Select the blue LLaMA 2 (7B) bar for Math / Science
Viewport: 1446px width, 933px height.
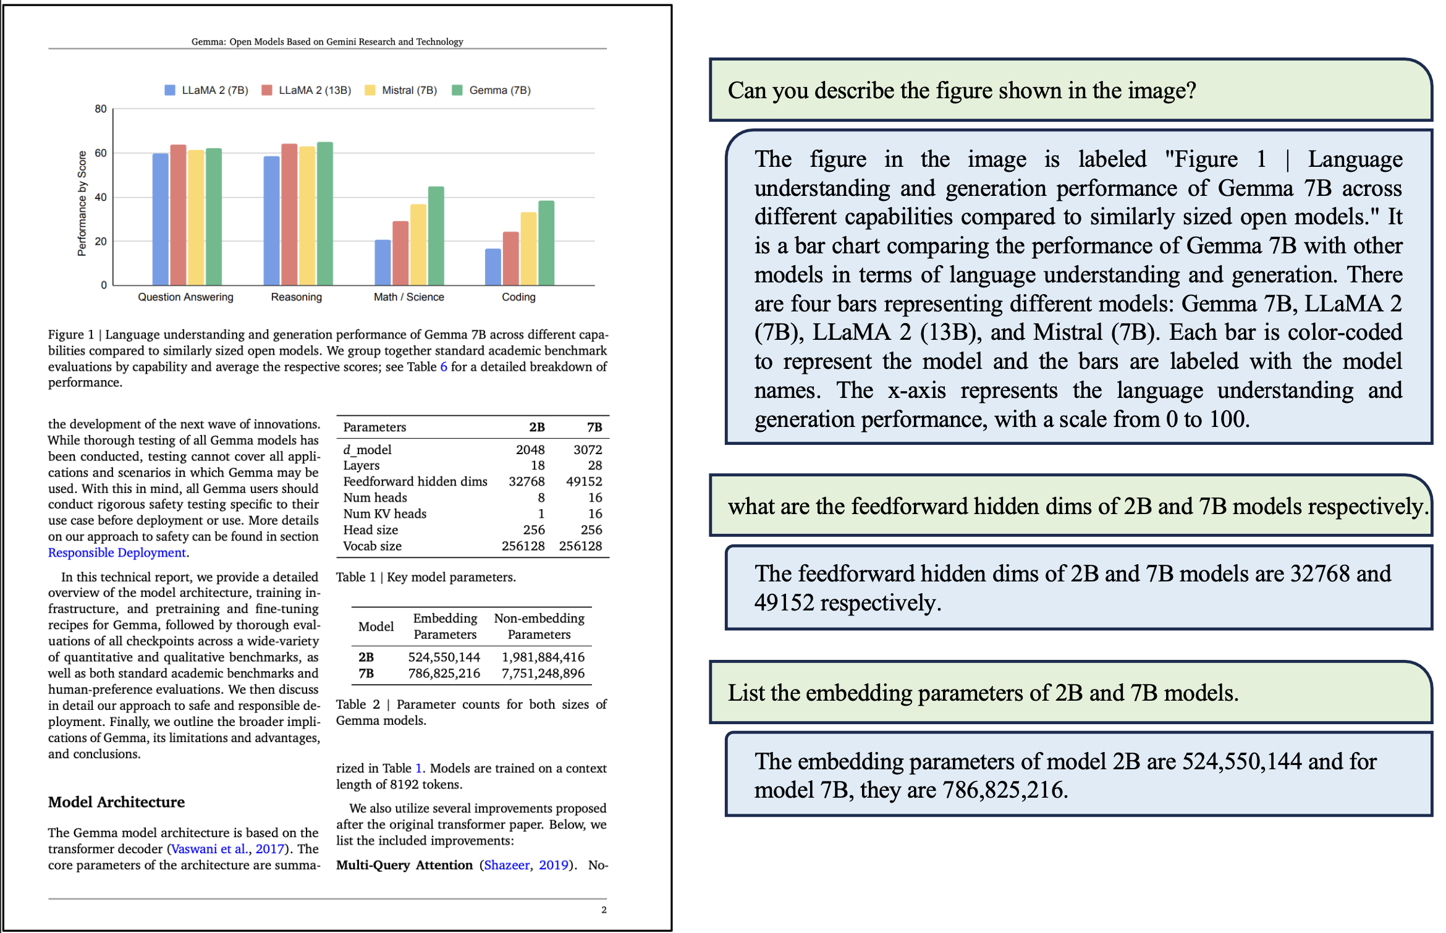[x=383, y=263]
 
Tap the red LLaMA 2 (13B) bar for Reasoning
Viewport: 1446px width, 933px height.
[x=289, y=214]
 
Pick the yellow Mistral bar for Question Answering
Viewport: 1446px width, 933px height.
[x=196, y=217]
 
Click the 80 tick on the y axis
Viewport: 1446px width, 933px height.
[x=101, y=109]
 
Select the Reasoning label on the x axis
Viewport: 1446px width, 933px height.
[x=296, y=297]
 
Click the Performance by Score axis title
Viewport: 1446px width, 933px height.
[x=82, y=203]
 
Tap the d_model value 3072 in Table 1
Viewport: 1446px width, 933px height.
[x=587, y=450]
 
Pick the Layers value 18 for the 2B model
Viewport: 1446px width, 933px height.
[x=538, y=465]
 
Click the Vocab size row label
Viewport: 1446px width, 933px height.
[x=372, y=546]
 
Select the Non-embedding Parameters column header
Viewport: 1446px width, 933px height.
[x=539, y=626]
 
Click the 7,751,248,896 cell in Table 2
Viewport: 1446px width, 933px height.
[x=543, y=673]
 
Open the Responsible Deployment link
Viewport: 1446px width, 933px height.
[x=117, y=553]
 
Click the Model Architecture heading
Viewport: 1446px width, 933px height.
[x=116, y=802]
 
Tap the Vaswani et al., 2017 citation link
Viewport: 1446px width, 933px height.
[x=227, y=849]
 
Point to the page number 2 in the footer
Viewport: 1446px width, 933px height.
[x=603, y=910]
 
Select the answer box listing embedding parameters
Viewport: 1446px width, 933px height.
[x=1078, y=775]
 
